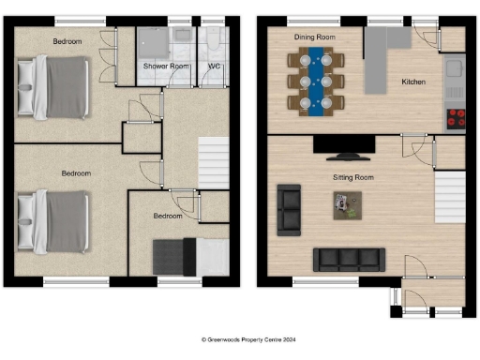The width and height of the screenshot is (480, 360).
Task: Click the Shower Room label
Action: click(x=166, y=67)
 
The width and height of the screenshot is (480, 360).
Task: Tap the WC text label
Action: click(x=214, y=67)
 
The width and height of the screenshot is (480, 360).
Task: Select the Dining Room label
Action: click(x=315, y=37)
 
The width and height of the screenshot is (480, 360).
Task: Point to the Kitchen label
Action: click(x=413, y=82)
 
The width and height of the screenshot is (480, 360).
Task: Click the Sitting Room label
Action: click(x=353, y=176)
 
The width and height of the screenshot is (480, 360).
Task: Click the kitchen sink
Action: click(x=457, y=68)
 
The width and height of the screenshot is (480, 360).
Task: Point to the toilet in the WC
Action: click(x=214, y=42)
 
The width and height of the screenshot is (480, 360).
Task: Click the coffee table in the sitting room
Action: click(x=347, y=204)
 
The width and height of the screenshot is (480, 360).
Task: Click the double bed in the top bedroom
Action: click(x=54, y=85)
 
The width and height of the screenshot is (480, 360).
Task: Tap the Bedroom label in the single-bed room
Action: click(x=168, y=217)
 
